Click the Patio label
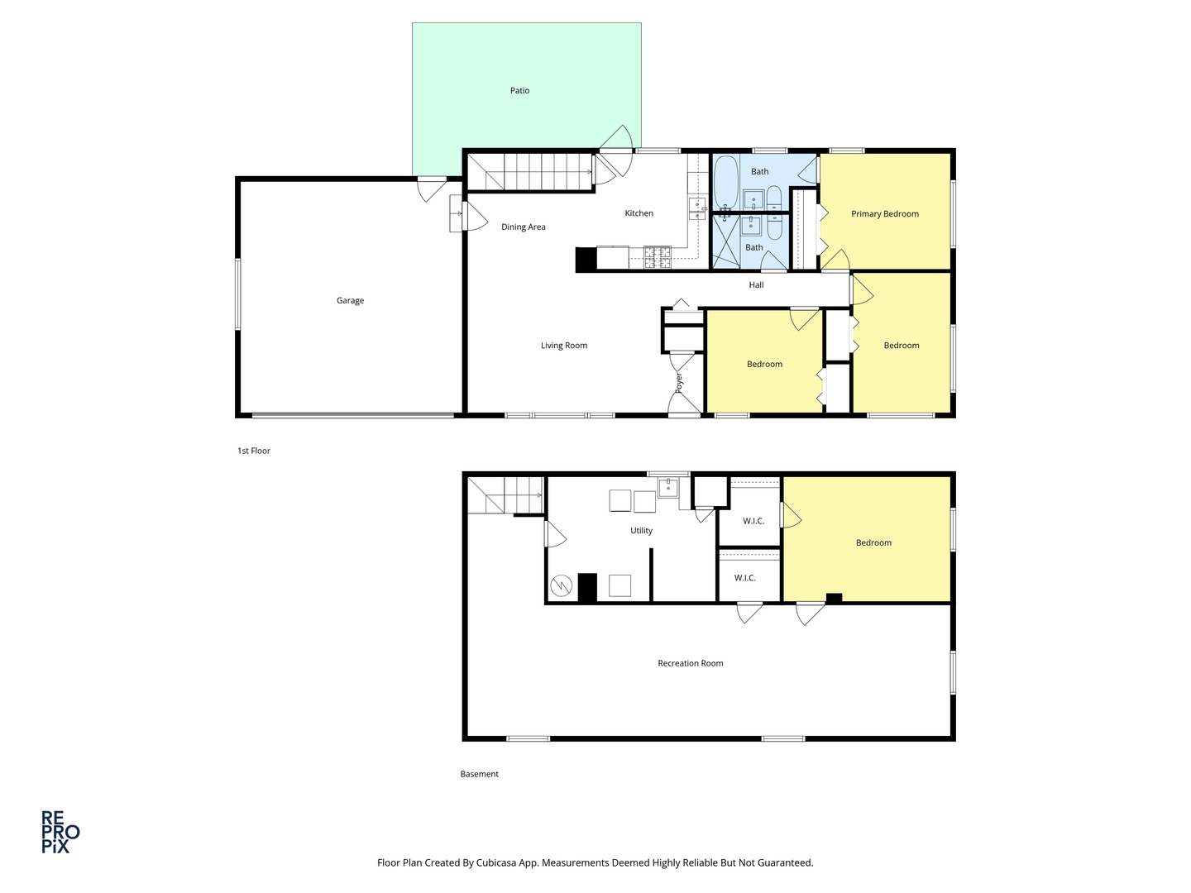519,91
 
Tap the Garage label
350,301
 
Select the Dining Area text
523,227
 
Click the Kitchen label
639,213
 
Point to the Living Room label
563,346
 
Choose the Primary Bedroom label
884,214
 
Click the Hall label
756,285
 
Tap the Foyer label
679,382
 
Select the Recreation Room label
690,663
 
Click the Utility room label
641,531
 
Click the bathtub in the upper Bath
725,184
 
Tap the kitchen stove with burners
658,257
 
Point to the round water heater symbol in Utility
561,586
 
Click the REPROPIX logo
60,831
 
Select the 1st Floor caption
254,451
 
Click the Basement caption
479,775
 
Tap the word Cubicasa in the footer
510,862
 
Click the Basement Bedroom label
873,543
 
